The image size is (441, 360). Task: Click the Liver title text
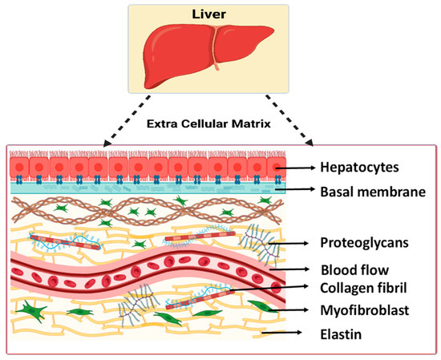[220, 13]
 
